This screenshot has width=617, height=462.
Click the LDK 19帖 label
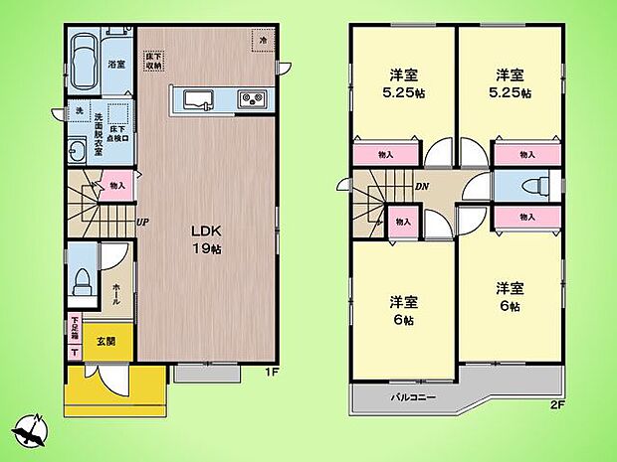tap(206, 239)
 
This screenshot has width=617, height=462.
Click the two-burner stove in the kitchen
tap(251, 99)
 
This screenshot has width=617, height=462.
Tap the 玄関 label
tap(105, 342)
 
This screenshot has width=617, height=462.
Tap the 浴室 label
tap(116, 65)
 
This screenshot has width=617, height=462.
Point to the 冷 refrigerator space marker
tap(264, 41)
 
